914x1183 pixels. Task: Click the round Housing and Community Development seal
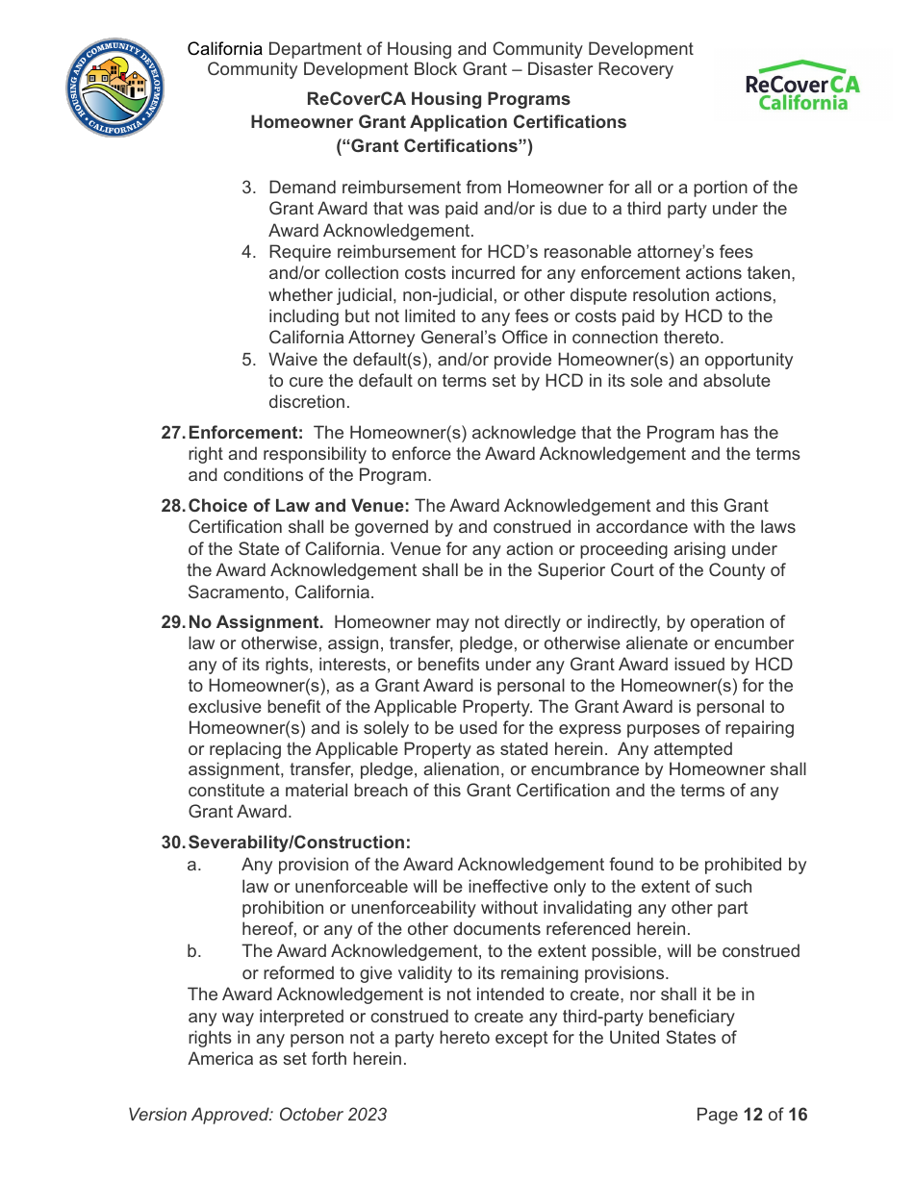pyautogui.click(x=115, y=88)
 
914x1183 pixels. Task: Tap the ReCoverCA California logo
pyautogui.click(x=802, y=87)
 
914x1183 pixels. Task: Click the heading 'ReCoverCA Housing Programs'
pyautogui.click(x=438, y=99)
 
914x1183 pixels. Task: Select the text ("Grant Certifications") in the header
pyautogui.click(x=434, y=146)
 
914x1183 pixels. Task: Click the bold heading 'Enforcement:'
pyautogui.click(x=245, y=433)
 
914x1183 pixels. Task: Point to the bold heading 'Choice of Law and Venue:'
pyautogui.click(x=299, y=506)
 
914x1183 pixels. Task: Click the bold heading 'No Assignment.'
pyautogui.click(x=255, y=622)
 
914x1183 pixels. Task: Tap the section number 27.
pyautogui.click(x=172, y=433)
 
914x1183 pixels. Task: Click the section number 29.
pyautogui.click(x=172, y=622)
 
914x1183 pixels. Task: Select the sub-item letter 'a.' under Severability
pyautogui.click(x=194, y=865)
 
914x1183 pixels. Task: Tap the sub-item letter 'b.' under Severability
pyautogui.click(x=194, y=951)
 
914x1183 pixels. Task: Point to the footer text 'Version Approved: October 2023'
pyautogui.click(x=258, y=1115)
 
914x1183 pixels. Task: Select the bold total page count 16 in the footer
pyautogui.click(x=798, y=1115)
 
